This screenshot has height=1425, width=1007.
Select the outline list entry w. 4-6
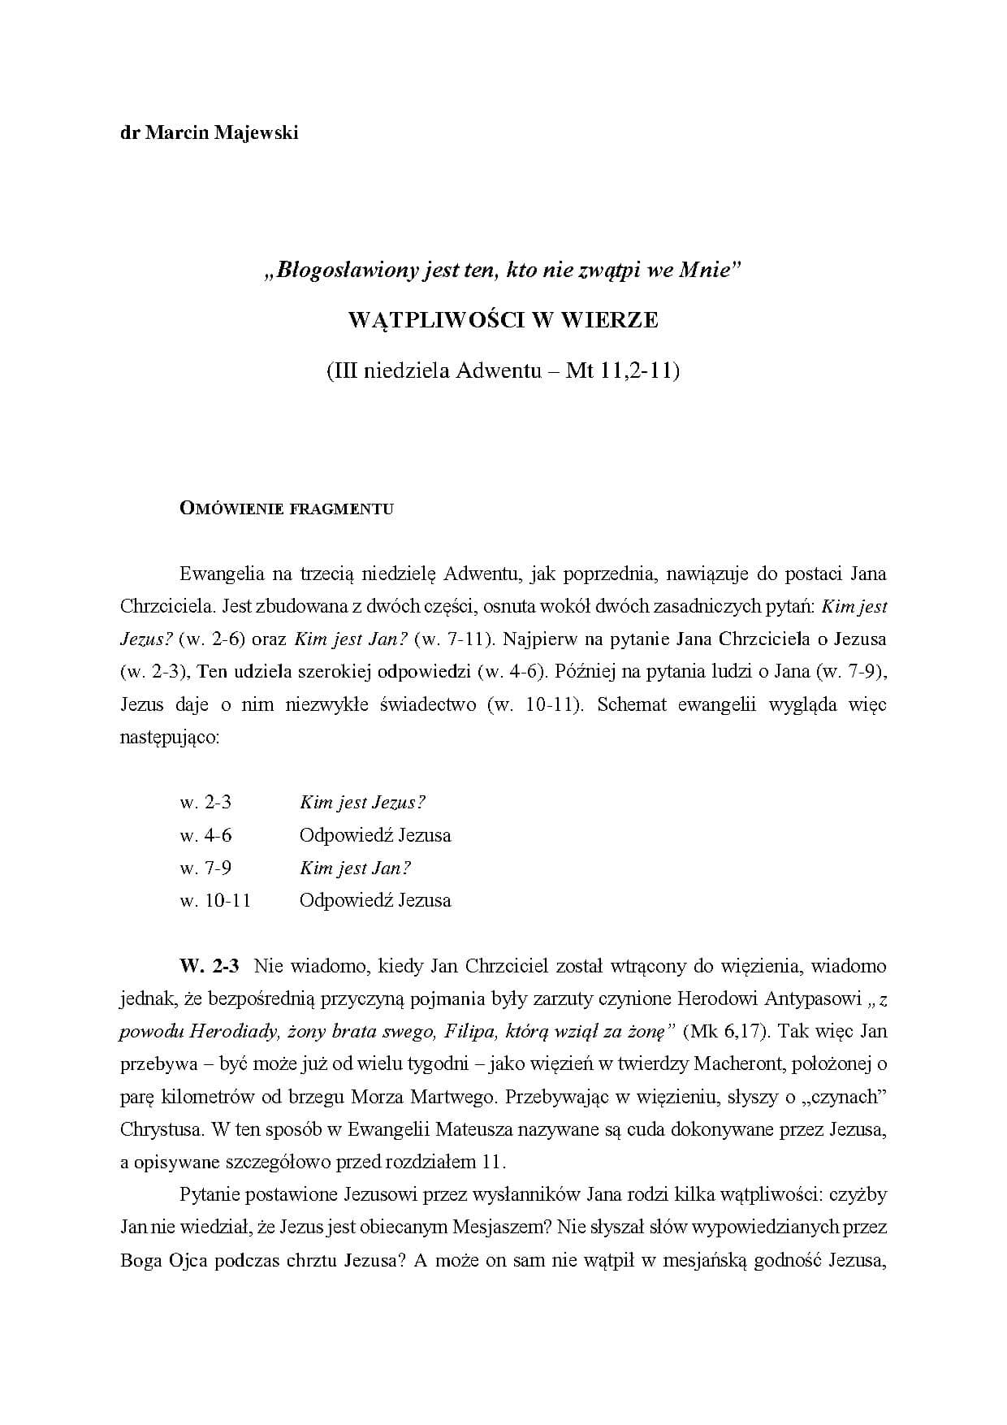pyautogui.click(x=205, y=835)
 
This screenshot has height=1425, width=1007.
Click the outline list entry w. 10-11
pyautogui.click(x=215, y=900)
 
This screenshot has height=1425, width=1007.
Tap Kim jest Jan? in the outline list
pyautogui.click(x=355, y=868)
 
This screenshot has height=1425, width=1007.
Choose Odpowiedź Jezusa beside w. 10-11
pyautogui.click(x=375, y=900)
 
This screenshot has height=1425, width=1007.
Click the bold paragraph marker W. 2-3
pyautogui.click(x=210, y=966)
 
